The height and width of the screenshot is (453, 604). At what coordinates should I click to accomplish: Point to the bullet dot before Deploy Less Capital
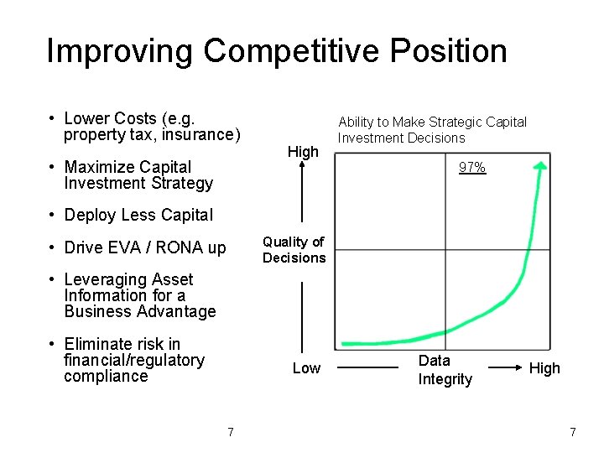[52, 216]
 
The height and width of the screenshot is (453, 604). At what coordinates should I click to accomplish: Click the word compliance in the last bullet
[106, 376]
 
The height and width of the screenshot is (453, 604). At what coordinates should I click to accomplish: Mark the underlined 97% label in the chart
[471, 168]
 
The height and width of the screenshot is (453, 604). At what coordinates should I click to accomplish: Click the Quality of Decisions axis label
[294, 250]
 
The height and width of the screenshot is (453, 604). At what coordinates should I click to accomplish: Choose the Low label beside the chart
[306, 368]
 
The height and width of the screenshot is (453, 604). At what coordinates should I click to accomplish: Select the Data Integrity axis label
[445, 370]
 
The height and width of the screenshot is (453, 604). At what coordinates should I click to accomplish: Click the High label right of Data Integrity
[544, 368]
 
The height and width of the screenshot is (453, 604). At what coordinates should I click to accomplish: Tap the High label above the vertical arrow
[303, 152]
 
